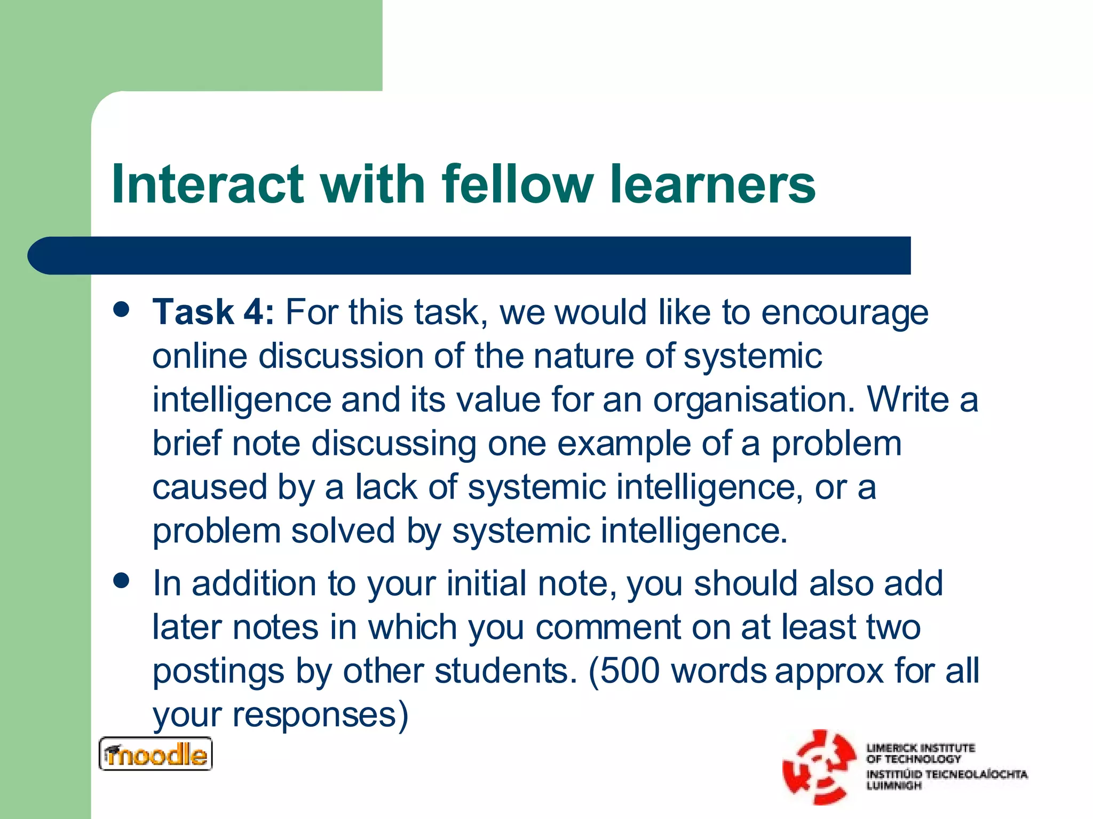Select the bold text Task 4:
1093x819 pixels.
(213, 312)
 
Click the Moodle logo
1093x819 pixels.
(155, 754)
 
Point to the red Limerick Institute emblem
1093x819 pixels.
(818, 767)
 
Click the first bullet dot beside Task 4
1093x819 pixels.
(122, 310)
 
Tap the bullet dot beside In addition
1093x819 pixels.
(122, 581)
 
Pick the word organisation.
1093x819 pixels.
(754, 400)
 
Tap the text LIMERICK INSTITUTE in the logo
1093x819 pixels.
(921, 748)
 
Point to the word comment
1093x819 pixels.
(608, 627)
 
